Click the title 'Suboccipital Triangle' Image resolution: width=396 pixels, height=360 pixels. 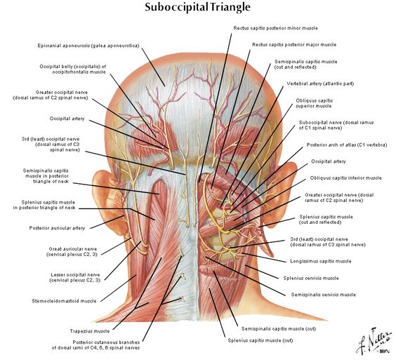(197, 7)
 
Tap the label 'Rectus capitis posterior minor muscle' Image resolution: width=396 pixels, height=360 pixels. (275, 28)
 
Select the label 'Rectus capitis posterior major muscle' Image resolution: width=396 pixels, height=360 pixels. (294, 45)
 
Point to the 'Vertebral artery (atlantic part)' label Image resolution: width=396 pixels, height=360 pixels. (320, 84)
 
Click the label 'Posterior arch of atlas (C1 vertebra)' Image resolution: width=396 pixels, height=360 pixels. (347, 145)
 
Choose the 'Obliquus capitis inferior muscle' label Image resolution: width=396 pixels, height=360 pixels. (345, 178)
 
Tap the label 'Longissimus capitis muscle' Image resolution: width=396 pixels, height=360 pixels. (321, 261)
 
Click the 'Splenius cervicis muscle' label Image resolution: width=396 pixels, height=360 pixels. (311, 278)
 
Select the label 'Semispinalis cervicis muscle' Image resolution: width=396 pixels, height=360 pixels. (323, 295)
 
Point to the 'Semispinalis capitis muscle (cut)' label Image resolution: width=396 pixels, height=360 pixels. (279, 328)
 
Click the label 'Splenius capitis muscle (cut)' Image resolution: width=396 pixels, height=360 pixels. (260, 340)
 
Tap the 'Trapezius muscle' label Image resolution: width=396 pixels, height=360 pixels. (90, 331)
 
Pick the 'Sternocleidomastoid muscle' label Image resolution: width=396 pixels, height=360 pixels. (64, 301)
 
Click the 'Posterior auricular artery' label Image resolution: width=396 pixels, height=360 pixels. (57, 228)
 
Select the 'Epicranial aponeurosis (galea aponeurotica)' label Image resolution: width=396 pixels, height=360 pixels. (88, 46)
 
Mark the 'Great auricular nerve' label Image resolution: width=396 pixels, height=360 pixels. (73, 249)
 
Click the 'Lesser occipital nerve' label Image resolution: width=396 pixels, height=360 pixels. (75, 274)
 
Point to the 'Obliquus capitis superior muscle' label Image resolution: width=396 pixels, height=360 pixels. (314, 103)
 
